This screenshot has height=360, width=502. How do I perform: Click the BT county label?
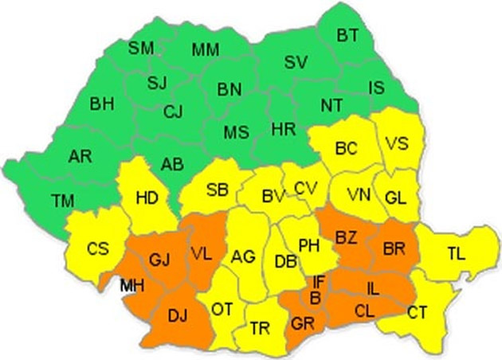point(347,35)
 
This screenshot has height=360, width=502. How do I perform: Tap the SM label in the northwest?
point(141,48)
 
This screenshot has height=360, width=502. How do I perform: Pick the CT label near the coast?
point(417,313)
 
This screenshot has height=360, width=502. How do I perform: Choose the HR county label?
point(284,128)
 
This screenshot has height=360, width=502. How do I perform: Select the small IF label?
point(319,280)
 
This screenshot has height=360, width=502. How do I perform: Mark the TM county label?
point(63,202)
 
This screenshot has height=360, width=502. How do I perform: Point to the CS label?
point(98,249)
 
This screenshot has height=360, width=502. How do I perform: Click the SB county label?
point(218,190)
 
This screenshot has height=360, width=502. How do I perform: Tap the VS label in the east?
point(397,143)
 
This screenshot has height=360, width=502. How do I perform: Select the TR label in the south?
point(260,328)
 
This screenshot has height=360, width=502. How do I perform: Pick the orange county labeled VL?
point(201,253)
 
